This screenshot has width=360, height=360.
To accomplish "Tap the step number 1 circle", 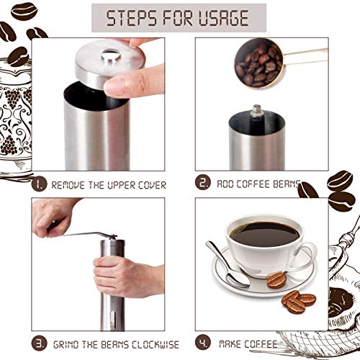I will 40,184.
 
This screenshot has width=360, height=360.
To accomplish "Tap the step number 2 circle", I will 204,183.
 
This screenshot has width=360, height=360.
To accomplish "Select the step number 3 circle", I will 40,343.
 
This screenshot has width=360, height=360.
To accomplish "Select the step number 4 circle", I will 204,343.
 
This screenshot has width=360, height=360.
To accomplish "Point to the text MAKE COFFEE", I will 249,344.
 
